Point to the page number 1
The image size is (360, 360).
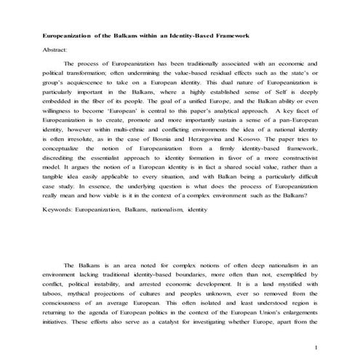[x=317, y=348]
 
